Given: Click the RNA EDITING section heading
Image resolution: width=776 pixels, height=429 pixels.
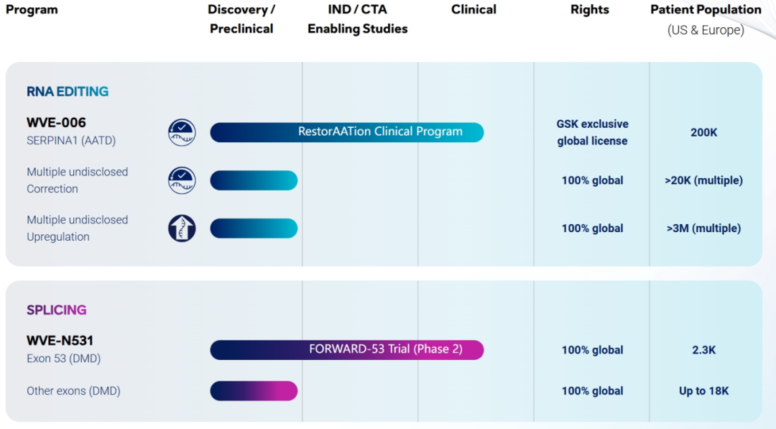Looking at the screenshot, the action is pos(68,91).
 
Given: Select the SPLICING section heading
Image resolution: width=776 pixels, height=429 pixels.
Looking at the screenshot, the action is pos(57,310).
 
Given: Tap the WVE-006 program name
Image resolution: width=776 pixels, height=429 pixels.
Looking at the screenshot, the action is pos(56,122).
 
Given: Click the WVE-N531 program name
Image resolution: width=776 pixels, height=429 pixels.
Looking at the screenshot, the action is pos(60,341).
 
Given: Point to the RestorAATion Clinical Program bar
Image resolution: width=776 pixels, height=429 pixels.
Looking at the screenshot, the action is pos(347,132).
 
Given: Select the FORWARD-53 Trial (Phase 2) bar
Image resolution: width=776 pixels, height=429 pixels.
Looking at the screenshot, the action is pos(347,350).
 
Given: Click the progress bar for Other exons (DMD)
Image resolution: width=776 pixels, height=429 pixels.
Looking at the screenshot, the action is pos(254,391).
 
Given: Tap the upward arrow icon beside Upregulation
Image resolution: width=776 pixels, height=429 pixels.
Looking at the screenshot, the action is pos(182,228).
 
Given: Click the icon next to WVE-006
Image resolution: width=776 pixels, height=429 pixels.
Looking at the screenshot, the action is pos(182,132).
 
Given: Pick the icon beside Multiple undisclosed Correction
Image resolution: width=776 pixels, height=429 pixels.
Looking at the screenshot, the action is pos(182,180).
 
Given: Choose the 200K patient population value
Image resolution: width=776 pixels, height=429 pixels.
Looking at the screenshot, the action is pos(703,133).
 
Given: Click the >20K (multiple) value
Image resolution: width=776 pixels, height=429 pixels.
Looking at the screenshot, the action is pos(703,180).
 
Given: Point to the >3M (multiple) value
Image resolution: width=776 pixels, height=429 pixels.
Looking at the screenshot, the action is pos(703,229).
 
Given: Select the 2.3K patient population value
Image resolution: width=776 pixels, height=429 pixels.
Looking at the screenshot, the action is pos(703,351).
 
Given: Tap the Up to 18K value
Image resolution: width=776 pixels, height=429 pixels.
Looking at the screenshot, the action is pos(703,391).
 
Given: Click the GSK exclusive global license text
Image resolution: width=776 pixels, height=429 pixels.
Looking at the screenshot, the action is pos(592,133).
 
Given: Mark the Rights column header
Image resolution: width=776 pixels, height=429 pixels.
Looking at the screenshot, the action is pos(590,10).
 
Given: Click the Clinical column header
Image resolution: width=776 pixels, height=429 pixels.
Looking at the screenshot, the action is pos(474,9).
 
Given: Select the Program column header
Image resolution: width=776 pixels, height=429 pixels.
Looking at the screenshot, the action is pos(32,10).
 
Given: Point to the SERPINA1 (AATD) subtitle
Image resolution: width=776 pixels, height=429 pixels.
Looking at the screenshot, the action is pos(71,141).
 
